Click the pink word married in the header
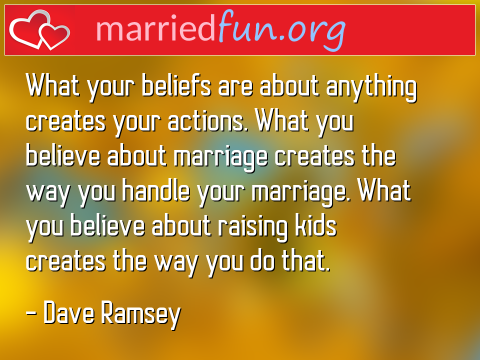coord(145,29)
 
